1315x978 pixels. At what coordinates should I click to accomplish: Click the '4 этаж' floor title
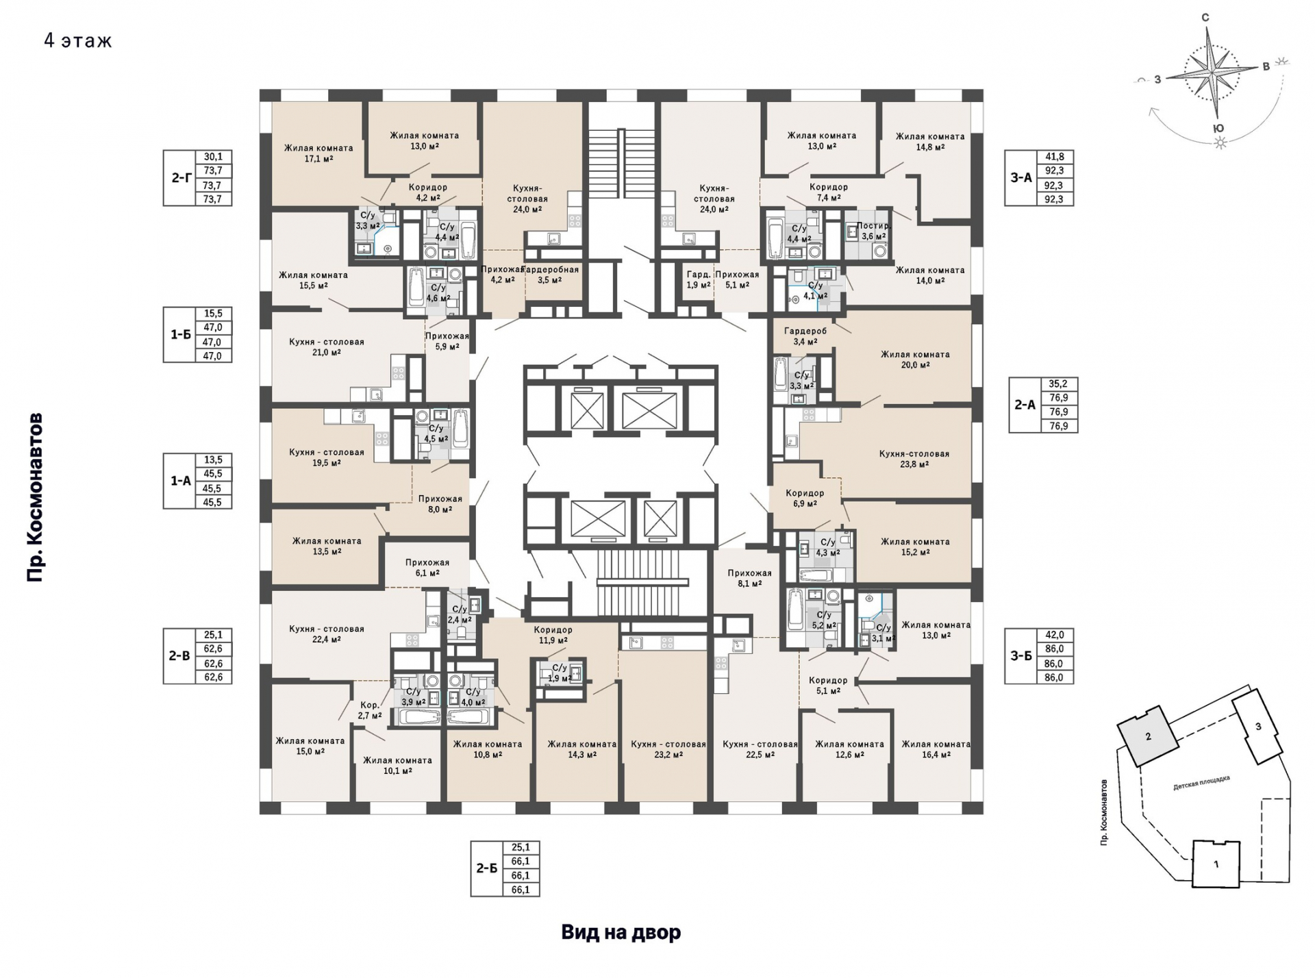point(78,41)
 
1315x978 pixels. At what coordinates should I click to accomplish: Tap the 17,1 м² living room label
point(318,153)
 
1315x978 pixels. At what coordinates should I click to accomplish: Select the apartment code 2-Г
point(181,178)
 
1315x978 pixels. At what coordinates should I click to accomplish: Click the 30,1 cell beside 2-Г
point(214,157)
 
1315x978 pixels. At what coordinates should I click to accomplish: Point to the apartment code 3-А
point(1021,178)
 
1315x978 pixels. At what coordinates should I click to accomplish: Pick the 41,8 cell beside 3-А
point(1055,157)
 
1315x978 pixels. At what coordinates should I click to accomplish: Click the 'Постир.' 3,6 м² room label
point(873,231)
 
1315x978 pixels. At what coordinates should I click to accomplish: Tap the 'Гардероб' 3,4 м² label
point(805,336)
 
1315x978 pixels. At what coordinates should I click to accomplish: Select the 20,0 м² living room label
point(915,360)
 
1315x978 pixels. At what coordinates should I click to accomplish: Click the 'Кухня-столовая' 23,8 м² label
point(914,459)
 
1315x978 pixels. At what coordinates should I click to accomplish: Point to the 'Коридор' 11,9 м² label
point(553,635)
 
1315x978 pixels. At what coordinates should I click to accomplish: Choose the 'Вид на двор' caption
point(621,932)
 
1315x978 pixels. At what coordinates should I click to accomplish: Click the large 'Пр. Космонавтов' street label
point(35,498)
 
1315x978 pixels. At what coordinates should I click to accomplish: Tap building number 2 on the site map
point(1149,736)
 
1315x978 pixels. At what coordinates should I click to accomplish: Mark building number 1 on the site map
point(1216,864)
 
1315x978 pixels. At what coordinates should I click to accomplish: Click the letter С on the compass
point(1205,18)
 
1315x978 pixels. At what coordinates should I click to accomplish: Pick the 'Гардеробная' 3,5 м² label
point(554,275)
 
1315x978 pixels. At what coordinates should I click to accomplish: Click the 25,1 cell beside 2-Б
point(521,847)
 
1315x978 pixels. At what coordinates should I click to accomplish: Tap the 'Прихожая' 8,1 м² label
point(749,579)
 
